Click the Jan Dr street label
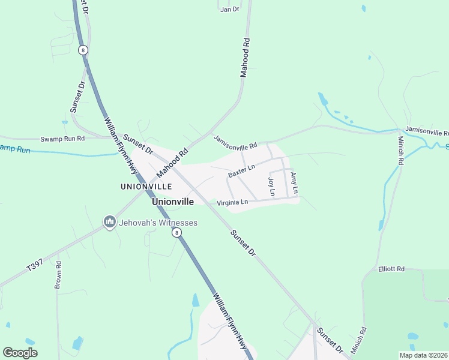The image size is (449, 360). pyautogui.click(x=229, y=9)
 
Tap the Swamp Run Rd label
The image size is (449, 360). pyautogui.click(x=63, y=139)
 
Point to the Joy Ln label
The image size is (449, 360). pyautogui.click(x=271, y=187)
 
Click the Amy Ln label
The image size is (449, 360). pyautogui.click(x=294, y=183)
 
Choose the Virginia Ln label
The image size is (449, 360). pyautogui.click(x=232, y=202)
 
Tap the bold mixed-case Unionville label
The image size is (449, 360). pyautogui.click(x=173, y=202)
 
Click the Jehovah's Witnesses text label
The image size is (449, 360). pyautogui.click(x=158, y=223)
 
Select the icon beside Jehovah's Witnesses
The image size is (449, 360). pyautogui.click(x=109, y=223)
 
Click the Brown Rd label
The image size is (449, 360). pyautogui.click(x=58, y=275)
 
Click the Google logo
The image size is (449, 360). pyautogui.click(x=20, y=353)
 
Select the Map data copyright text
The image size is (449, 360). pyautogui.click(x=424, y=355)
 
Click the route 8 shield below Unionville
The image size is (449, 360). pyautogui.click(x=175, y=232)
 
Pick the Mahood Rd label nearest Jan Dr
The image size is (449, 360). pyautogui.click(x=244, y=58)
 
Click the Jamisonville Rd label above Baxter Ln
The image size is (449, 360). pyautogui.click(x=235, y=142)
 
